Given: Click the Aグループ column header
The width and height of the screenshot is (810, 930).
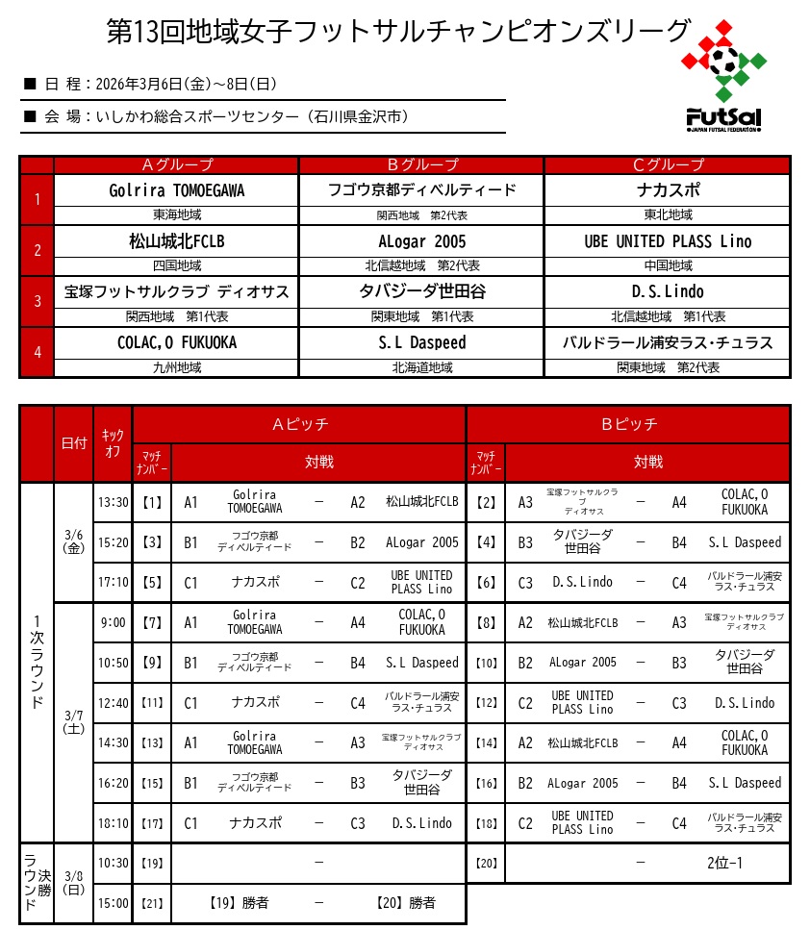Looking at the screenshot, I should pyautogui.click(x=177, y=164).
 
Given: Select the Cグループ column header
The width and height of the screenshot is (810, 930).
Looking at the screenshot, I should pyautogui.click(x=668, y=164).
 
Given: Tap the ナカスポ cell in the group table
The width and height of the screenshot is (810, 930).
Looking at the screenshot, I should pyautogui.click(x=668, y=190).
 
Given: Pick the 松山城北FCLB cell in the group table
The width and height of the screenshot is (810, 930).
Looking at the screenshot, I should pyautogui.click(x=177, y=241).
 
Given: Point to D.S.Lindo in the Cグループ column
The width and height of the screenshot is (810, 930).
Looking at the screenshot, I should pyautogui.click(x=668, y=291).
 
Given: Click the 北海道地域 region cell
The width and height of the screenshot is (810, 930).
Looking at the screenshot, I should pyautogui.click(x=421, y=367).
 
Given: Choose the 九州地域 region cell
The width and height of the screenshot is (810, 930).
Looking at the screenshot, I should pyautogui.click(x=177, y=367).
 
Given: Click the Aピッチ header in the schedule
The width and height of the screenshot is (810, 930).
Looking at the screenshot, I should pyautogui.click(x=299, y=424).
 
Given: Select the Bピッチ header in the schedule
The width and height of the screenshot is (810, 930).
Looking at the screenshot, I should pyautogui.click(x=628, y=424).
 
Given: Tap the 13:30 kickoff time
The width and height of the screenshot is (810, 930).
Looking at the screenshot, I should pyautogui.click(x=113, y=502).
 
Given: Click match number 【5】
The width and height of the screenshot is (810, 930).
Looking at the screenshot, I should pyautogui.click(x=152, y=582).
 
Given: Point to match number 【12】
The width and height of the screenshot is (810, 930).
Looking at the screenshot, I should pyautogui.click(x=486, y=703).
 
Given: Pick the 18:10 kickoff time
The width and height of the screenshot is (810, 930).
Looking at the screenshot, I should pyautogui.click(x=113, y=823).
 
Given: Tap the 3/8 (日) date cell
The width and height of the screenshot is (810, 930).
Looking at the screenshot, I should pyautogui.click(x=73, y=883).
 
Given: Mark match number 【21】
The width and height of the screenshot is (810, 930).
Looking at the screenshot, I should pyautogui.click(x=152, y=903).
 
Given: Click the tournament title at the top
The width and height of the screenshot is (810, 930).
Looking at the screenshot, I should pyautogui.click(x=398, y=32).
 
